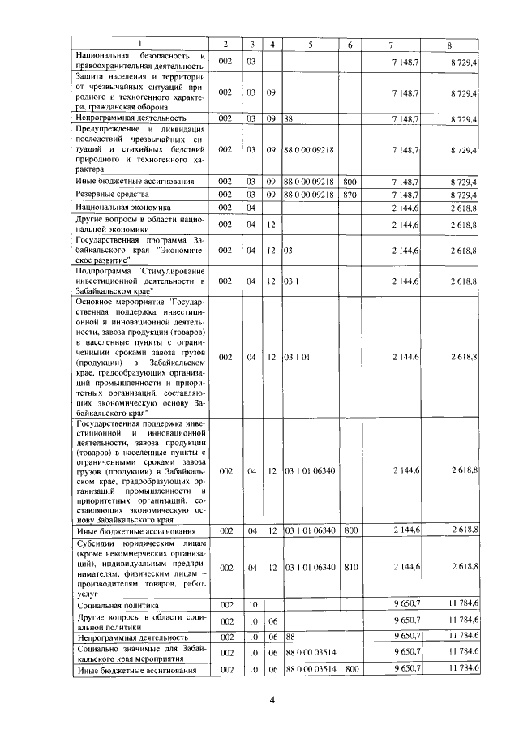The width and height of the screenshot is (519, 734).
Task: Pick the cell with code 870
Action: [x=350, y=195]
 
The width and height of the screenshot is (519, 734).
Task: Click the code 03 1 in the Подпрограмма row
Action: [x=292, y=281]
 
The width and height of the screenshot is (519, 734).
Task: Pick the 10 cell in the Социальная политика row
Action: [x=251, y=605]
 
